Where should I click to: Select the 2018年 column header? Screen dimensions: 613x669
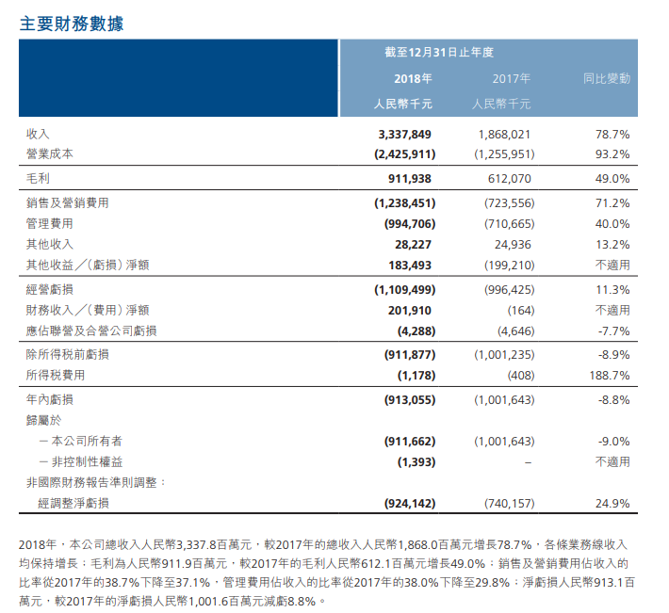[414, 78]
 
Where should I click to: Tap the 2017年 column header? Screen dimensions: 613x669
[512, 78]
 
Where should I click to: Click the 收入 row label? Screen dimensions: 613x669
[39, 135]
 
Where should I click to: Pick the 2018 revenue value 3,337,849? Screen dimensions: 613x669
[406, 135]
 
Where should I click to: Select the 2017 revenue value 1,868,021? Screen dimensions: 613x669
[507, 135]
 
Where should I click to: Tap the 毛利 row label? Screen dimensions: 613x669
[39, 178]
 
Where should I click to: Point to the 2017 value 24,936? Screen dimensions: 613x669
[514, 244]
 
